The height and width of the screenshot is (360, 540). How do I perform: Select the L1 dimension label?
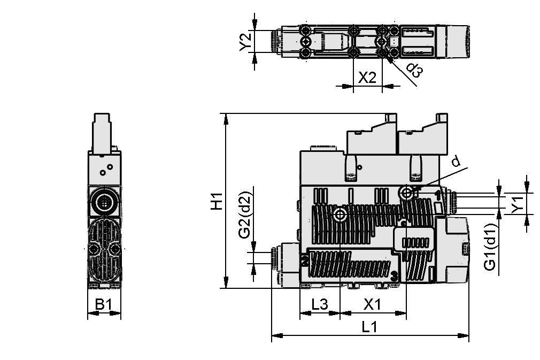click(369, 326)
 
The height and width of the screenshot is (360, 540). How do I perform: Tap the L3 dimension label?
click(319, 304)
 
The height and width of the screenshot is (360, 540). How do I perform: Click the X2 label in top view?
click(367, 78)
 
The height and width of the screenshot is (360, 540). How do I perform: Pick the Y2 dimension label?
click(245, 42)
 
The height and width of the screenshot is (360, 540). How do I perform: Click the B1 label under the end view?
click(104, 304)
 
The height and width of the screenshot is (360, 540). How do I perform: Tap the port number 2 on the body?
click(304, 261)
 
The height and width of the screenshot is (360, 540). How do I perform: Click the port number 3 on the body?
click(394, 277)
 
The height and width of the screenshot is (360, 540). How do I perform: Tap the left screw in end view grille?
click(94, 249)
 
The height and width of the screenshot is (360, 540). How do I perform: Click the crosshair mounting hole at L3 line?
click(340, 215)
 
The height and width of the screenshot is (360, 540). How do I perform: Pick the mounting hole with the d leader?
click(406, 193)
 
